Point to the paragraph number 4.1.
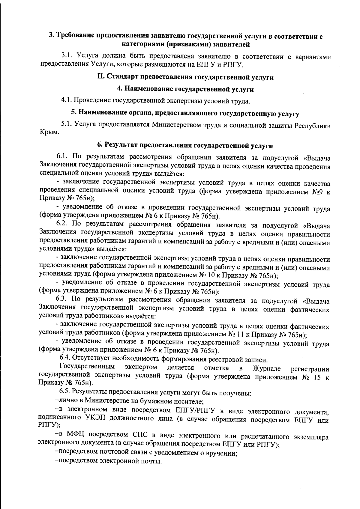[x=67, y=100]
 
